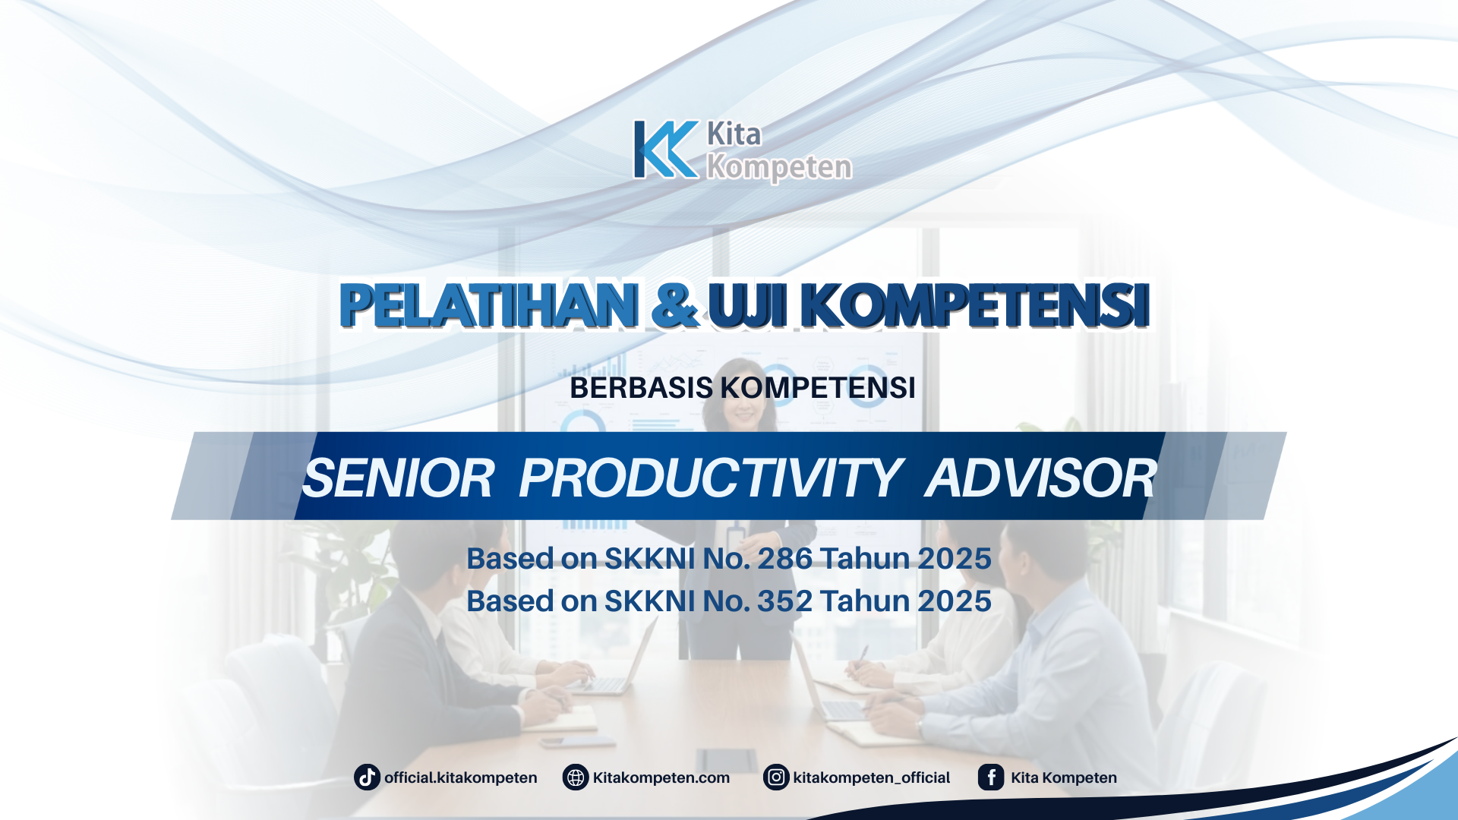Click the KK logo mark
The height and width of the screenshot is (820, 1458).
point(665,150)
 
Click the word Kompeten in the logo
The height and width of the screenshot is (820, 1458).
point(779,167)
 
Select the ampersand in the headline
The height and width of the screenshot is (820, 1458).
point(674,305)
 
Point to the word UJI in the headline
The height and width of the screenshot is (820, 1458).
point(748,305)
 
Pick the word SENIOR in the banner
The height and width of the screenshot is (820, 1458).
point(399,478)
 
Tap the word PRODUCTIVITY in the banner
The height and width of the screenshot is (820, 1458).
point(710,478)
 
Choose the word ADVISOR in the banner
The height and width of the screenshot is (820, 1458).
point(1040,478)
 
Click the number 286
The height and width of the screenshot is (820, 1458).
point(785,559)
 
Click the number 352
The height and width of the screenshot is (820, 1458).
point(784,601)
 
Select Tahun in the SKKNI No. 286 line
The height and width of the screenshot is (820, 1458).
point(865,559)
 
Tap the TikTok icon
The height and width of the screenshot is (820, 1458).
point(367,777)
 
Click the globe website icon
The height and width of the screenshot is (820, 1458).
point(576,777)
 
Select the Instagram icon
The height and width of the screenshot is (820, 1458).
point(776,777)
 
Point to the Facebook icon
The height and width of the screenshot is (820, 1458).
point(991,777)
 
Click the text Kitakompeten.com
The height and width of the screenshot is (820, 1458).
point(661,777)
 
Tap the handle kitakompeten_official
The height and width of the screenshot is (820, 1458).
point(871,777)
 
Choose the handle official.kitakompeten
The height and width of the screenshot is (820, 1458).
point(460,777)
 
